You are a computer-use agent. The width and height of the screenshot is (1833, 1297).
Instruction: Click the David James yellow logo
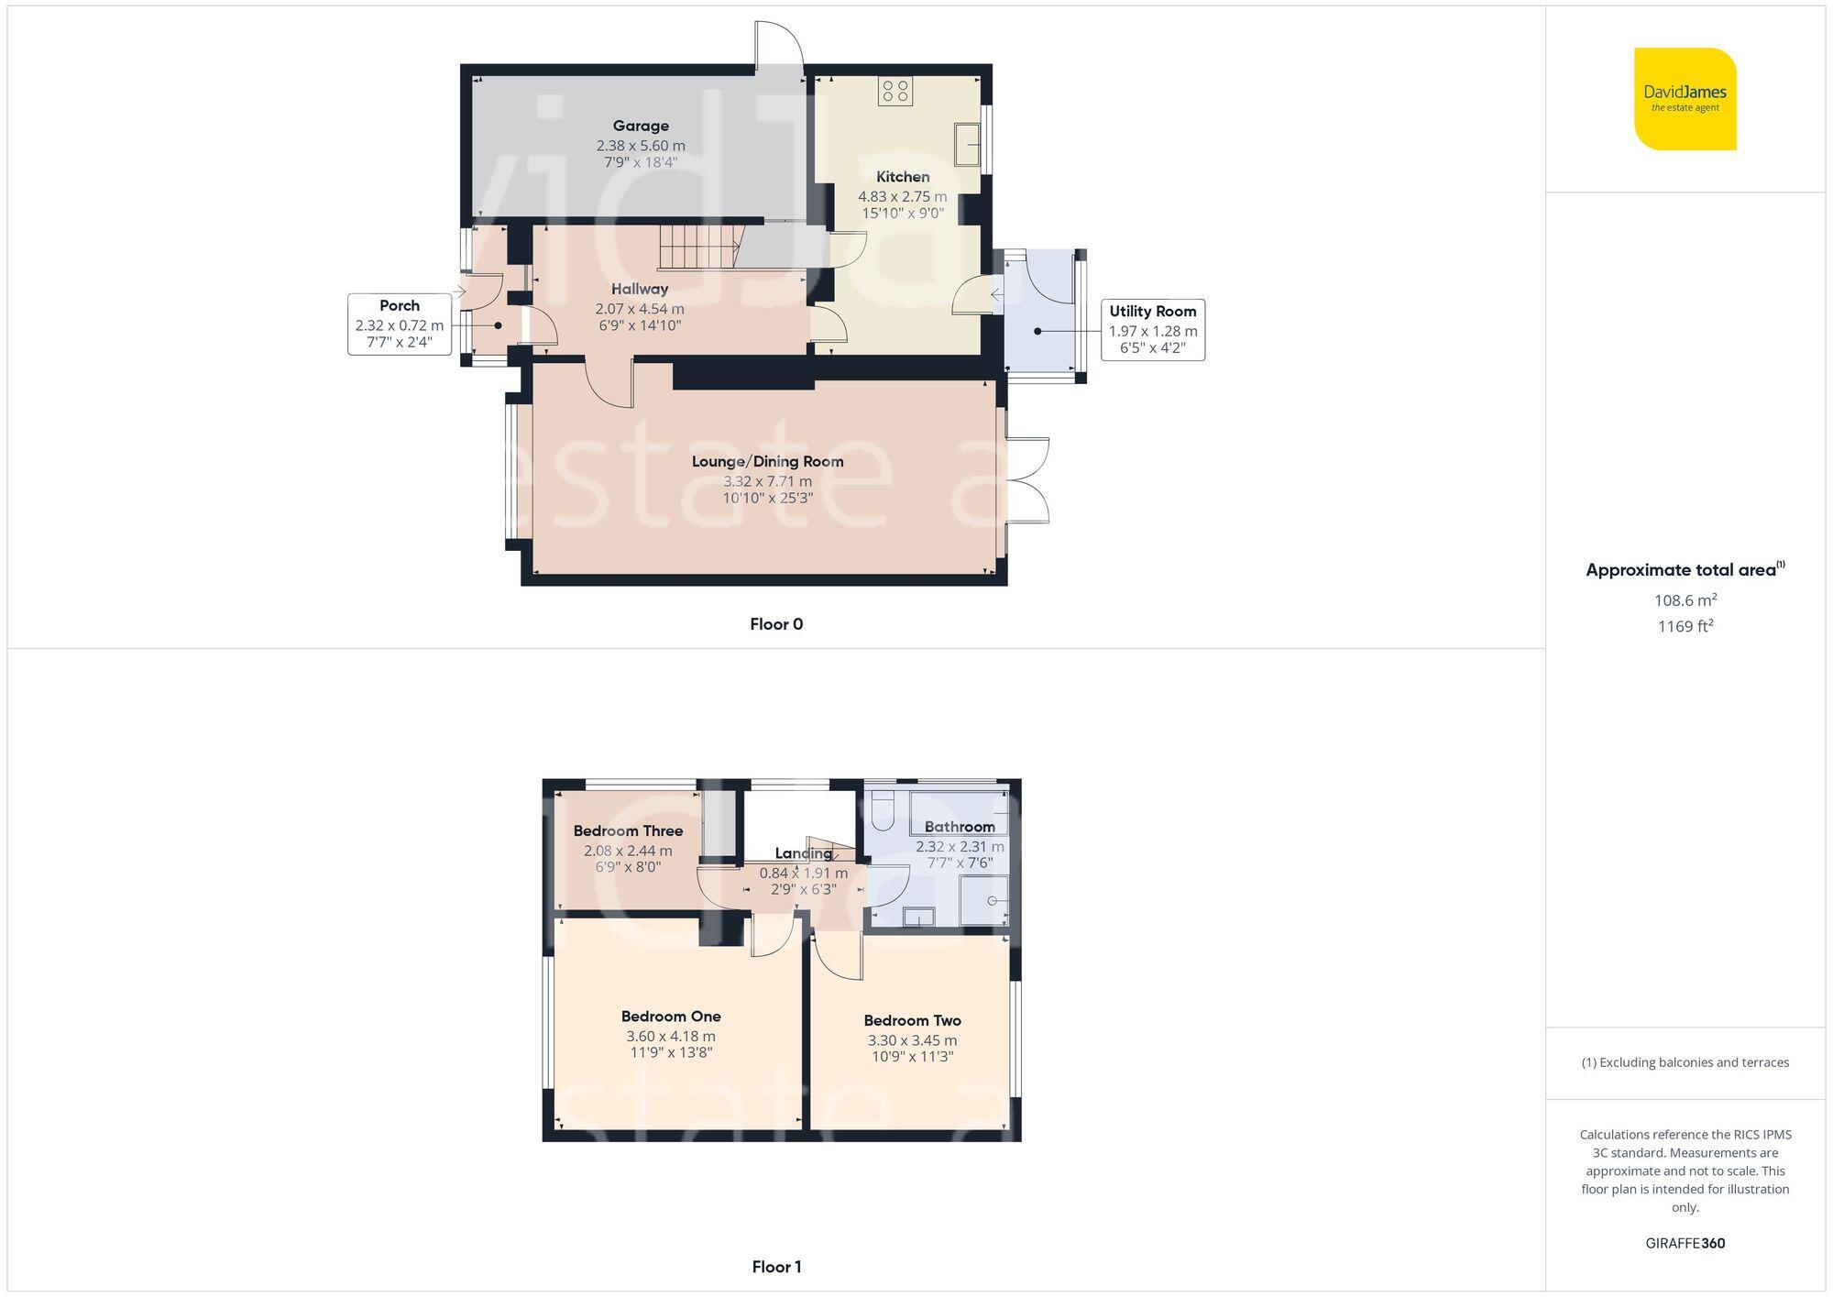1685,98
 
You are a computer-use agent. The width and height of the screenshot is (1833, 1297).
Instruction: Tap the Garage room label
641,126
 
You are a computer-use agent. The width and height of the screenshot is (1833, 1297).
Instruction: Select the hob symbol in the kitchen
895,91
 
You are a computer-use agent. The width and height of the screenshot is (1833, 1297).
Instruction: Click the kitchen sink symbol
967,144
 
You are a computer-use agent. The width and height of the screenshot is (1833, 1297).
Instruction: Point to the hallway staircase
698,247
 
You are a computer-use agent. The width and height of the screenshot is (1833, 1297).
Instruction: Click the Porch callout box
400,324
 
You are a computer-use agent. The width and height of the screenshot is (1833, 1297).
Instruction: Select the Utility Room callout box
1152,329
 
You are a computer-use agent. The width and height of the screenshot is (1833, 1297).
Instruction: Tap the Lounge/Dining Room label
767,461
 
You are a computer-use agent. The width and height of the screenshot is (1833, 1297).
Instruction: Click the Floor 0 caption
775,624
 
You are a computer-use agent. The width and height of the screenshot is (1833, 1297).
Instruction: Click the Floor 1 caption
775,1267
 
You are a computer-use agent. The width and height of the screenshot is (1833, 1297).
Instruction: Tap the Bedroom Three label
628,830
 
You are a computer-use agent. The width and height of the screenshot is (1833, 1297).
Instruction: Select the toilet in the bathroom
884,808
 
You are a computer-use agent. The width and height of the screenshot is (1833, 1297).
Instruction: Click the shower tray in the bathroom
984,900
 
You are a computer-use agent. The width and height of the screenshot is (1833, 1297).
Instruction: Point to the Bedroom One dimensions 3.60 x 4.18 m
671,1036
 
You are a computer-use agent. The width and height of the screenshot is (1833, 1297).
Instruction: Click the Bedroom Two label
912,1020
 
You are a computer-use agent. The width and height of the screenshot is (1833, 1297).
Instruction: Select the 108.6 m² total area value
1685,600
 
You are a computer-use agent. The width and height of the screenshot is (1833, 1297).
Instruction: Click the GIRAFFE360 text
1685,1244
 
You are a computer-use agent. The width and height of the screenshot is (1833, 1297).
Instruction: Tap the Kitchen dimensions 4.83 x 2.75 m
902,196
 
